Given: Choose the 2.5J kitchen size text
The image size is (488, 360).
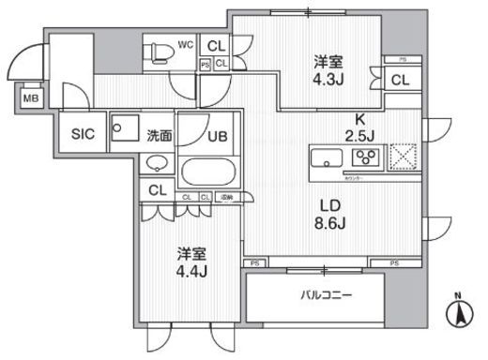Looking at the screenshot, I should point(358,134).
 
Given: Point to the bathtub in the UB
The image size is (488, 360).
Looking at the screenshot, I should point(209,172).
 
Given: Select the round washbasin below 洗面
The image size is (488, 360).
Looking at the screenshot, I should point(157,165).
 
